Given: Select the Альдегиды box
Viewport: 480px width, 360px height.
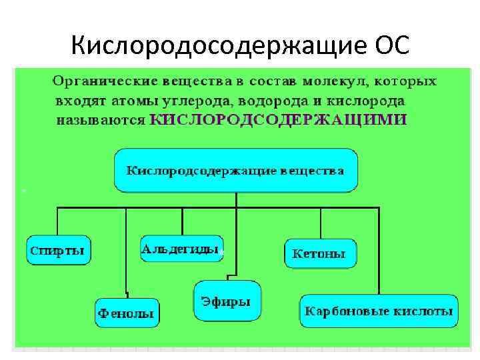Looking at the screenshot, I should pyautogui.click(x=181, y=249).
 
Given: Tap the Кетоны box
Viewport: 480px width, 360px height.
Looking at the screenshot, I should pyautogui.click(x=319, y=254).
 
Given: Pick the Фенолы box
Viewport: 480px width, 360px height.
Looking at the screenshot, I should pyautogui.click(x=126, y=312).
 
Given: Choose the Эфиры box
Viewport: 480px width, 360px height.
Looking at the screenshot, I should pyautogui.click(x=227, y=301).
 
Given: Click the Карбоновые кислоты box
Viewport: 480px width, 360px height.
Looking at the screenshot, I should pyautogui.click(x=378, y=311).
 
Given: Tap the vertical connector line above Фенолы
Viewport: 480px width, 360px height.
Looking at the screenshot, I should pyautogui.click(x=126, y=253).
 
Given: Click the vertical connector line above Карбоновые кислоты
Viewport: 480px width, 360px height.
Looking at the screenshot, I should pyautogui.click(x=379, y=253).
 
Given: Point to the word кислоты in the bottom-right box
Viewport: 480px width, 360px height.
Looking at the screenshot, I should pyautogui.click(x=425, y=311).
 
